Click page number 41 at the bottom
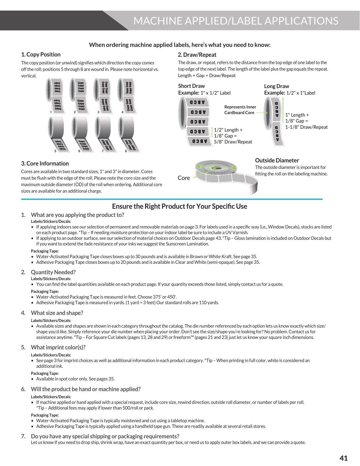click(343, 458)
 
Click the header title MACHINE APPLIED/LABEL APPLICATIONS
click(236, 21)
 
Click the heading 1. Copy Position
click(41, 55)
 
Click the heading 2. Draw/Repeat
click(197, 55)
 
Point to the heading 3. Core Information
click(45, 164)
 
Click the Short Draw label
click(191, 86)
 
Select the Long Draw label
click(276, 86)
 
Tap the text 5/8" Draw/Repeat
click(233, 142)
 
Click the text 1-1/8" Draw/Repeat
click(306, 127)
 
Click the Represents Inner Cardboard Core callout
click(240, 110)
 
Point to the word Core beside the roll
click(184, 178)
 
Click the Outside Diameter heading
click(277, 160)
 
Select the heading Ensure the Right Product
click(179, 206)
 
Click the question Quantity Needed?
click(53, 272)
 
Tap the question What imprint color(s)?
click(58, 347)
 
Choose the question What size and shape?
click(57, 313)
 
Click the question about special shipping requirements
click(105, 436)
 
